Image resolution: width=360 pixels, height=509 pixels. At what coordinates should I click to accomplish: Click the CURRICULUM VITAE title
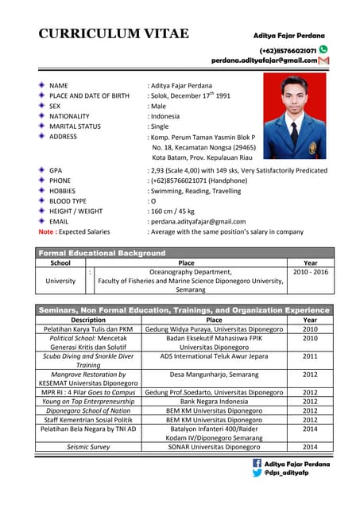click(x=114, y=33)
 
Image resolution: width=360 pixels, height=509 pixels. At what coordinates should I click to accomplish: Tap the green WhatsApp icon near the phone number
click(x=323, y=49)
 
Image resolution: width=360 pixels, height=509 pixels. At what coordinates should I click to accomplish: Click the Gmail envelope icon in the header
click(x=323, y=60)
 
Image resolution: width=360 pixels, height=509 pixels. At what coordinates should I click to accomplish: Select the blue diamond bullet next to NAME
click(x=41, y=84)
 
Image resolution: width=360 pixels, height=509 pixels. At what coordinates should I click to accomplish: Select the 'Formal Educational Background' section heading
click(x=103, y=253)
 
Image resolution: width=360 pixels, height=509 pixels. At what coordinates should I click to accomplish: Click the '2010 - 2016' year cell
click(x=310, y=272)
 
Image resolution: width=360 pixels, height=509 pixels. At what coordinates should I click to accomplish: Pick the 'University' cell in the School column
click(x=60, y=281)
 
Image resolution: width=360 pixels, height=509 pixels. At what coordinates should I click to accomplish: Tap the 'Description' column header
click(x=88, y=320)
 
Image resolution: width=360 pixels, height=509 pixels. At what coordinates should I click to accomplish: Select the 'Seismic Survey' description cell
click(x=88, y=447)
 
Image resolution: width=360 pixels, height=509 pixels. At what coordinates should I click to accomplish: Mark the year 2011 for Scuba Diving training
click(x=310, y=356)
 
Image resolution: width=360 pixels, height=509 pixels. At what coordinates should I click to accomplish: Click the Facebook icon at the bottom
click(x=257, y=463)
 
